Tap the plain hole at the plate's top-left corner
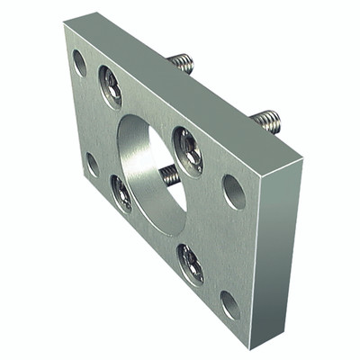point(79,62)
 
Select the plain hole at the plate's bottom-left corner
point(92,165)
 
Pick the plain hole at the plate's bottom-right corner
point(230,304)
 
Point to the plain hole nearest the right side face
point(233,191)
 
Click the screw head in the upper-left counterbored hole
point(111,85)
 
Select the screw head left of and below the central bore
point(121,193)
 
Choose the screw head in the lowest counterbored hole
point(190,263)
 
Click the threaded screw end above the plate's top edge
point(182,63)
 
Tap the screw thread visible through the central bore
point(169,174)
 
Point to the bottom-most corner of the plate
point(256,346)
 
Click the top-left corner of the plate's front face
point(65,26)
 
